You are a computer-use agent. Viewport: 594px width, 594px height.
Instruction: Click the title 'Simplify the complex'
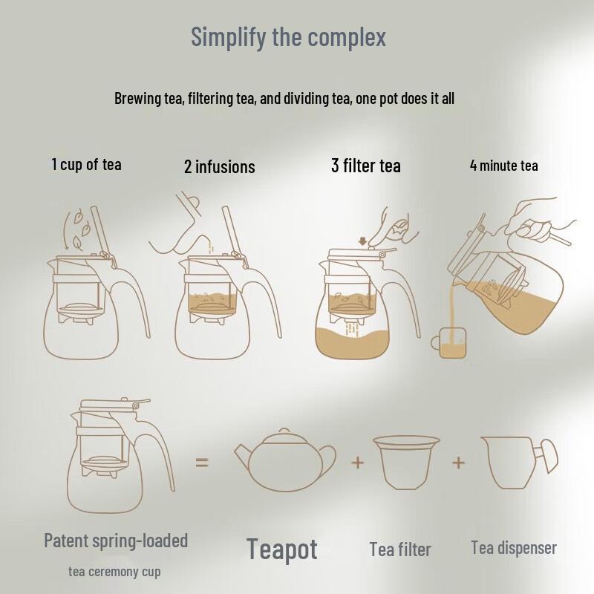click(289, 36)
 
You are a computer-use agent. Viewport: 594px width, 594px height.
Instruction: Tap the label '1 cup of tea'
click(86, 164)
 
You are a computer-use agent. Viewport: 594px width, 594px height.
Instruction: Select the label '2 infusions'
click(219, 166)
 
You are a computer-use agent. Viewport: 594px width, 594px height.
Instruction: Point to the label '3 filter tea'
click(365, 165)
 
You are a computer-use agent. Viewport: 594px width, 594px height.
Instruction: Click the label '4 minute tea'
click(503, 165)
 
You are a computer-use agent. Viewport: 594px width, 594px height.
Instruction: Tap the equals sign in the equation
click(202, 462)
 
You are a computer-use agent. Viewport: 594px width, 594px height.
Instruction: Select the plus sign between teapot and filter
click(358, 462)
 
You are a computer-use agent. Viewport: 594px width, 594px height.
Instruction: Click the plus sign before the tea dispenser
click(458, 462)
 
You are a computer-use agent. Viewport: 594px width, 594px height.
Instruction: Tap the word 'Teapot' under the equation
click(282, 549)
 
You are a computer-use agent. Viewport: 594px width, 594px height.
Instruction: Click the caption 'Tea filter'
click(399, 549)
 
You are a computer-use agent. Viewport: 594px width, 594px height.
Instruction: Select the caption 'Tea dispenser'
click(513, 548)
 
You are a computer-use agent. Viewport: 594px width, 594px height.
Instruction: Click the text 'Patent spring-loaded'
click(116, 540)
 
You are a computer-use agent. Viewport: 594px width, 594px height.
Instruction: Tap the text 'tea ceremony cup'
click(114, 571)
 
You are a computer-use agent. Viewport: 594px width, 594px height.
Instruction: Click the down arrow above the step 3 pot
click(362, 241)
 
